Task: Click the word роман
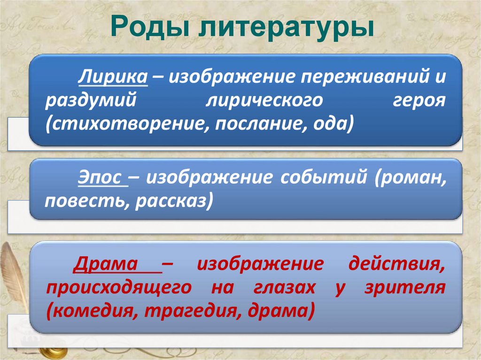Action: point(411,178)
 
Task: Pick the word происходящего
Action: point(118,287)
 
